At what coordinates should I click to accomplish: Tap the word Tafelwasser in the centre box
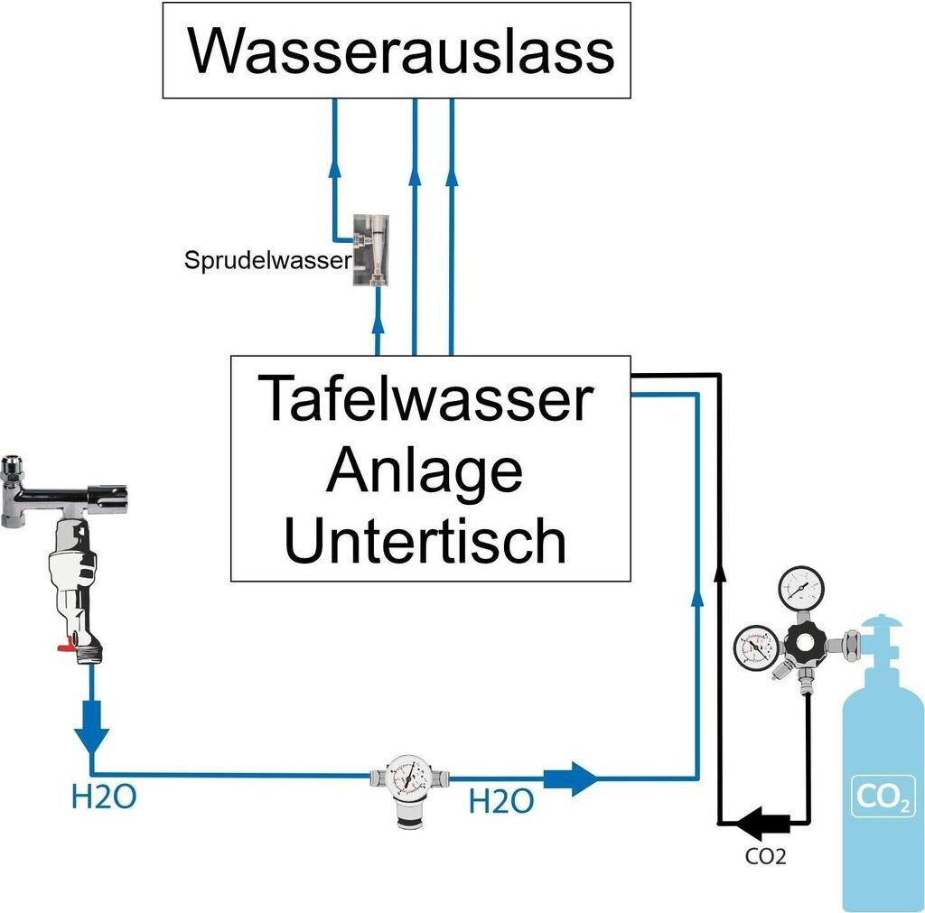point(425,399)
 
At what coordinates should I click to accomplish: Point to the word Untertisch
point(425,539)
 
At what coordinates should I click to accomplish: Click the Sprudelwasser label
point(267,261)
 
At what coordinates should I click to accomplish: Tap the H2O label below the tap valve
point(104,797)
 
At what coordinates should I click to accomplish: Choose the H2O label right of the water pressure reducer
point(500,801)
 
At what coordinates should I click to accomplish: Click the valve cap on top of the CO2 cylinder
point(882,625)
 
